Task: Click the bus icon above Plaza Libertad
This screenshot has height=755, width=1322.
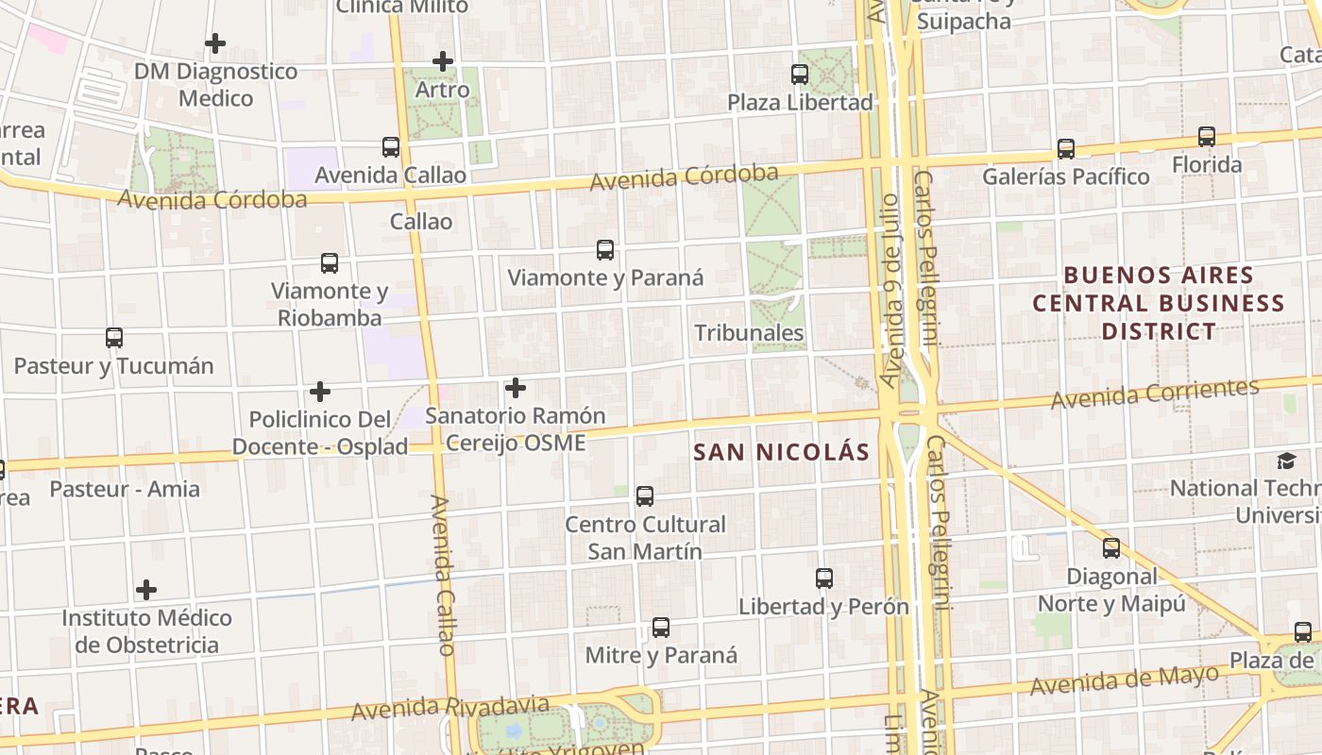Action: [x=800, y=74]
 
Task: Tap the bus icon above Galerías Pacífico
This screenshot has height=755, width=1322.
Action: [x=1066, y=148]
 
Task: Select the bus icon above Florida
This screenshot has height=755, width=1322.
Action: [x=1207, y=137]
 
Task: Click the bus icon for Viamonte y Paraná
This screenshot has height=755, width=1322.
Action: [x=605, y=250]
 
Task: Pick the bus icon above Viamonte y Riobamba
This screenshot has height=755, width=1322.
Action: [x=330, y=262]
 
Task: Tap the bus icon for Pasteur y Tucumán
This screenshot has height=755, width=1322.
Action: [x=114, y=338]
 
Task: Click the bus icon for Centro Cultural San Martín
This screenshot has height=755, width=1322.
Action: [x=645, y=496]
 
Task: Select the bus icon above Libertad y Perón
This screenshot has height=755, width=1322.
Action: [x=824, y=579]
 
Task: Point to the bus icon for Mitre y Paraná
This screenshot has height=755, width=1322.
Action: [x=661, y=628]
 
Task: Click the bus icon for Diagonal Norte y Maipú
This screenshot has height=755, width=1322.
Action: [x=1111, y=548]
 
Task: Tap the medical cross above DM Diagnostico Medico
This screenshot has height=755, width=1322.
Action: [x=215, y=43]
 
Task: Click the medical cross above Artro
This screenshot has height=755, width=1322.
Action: [x=443, y=62]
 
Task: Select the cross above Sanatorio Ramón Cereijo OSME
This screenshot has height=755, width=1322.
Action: [x=516, y=388]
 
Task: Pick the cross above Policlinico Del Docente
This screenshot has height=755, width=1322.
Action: [x=320, y=392]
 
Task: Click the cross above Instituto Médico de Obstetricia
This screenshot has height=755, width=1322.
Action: [x=146, y=591]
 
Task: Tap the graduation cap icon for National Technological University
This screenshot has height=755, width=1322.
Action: [x=1286, y=461]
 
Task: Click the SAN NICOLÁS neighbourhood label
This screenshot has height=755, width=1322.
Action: [x=781, y=452]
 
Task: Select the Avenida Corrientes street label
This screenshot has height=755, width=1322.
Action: [x=1155, y=394]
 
